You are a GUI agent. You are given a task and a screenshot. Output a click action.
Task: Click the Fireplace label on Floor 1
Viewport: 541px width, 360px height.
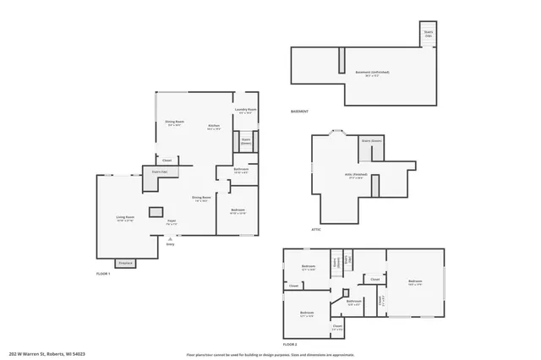point(124,263)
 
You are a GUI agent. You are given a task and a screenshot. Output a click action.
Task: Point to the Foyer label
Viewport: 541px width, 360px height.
point(171,222)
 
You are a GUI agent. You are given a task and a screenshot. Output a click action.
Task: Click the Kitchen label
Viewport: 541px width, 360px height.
point(214,127)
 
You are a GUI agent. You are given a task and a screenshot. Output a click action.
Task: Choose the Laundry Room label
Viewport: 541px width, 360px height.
point(245,111)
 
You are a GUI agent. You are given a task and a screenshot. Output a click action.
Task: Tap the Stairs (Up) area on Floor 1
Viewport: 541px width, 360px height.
point(159,172)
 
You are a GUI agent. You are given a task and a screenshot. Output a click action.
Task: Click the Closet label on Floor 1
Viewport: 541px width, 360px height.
point(167,160)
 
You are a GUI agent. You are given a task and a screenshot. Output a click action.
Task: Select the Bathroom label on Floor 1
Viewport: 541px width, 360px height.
point(241,171)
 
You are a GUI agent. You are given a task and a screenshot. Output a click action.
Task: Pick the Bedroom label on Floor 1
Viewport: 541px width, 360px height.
point(238,211)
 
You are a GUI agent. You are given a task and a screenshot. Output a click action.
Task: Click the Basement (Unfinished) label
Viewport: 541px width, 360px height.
point(366,74)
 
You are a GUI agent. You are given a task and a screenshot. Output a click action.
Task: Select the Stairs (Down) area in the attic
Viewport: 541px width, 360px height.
point(372,141)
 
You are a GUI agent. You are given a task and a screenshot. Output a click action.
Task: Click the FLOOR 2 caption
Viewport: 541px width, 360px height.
point(290,345)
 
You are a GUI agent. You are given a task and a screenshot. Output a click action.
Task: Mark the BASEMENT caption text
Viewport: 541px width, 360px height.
point(299,112)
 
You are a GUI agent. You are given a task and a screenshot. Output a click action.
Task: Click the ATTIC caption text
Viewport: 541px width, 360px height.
point(316,229)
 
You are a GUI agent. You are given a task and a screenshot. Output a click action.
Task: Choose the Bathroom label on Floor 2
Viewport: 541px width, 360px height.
point(353,301)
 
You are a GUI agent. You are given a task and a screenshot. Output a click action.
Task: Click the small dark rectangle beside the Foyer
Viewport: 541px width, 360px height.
point(156,211)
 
